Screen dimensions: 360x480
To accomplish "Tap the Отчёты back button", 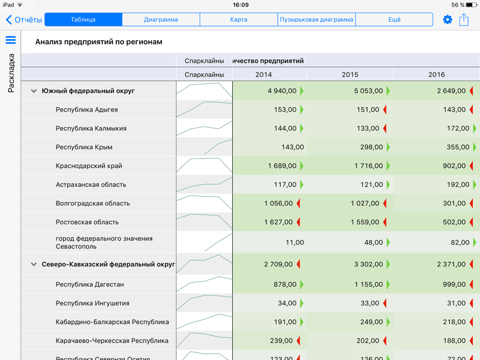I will click(24, 20).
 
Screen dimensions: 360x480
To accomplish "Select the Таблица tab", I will click(83, 20).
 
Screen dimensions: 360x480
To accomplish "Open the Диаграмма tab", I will click(161, 20).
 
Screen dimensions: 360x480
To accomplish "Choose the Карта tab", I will click(238, 20).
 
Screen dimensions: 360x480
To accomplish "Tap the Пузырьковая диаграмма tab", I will click(316, 20).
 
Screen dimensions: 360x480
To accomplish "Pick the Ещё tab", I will click(394, 20).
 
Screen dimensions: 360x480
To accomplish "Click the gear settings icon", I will click(447, 20).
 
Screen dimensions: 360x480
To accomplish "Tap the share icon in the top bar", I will click(464, 20).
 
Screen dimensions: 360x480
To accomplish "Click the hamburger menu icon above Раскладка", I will click(10, 40).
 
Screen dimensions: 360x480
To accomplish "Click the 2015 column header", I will click(350, 74).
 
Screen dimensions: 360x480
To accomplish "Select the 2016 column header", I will click(436, 74).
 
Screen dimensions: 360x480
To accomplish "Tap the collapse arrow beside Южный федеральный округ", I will click(33, 91).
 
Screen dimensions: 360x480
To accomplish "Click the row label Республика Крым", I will click(84, 147).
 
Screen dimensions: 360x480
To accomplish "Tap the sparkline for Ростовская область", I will click(204, 222).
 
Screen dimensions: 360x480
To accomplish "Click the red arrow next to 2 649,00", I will click(472, 91).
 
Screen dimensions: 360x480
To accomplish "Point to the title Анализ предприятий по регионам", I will click(98, 42).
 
